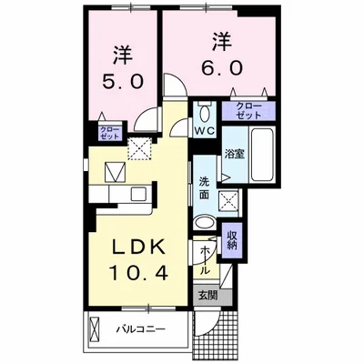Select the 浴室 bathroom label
pyautogui.click(x=235, y=154)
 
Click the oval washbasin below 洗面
pyautogui.click(x=205, y=224)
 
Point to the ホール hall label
pyautogui.click(x=204, y=258)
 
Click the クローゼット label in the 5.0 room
pyautogui.click(x=108, y=134)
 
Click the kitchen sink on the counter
pyautogui.click(x=136, y=193)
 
